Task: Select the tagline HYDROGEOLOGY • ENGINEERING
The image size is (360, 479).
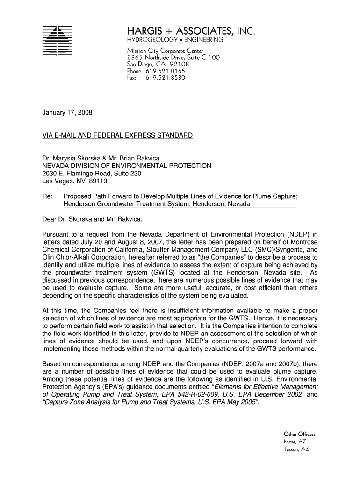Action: [175, 40]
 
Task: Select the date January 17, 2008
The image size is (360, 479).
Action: [67, 113]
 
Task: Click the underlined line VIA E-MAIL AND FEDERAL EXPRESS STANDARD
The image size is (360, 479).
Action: [117, 135]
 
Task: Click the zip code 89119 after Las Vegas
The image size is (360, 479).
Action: [98, 181]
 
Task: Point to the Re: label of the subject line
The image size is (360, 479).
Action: [47, 196]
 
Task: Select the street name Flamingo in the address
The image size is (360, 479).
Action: [87, 174]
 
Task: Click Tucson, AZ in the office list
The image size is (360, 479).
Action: [296, 449]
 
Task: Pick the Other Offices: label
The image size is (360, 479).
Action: [299, 434]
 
